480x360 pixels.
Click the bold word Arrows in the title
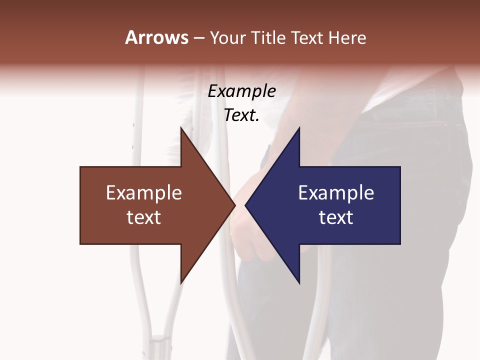(x=156, y=37)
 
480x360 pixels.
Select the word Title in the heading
(x=270, y=37)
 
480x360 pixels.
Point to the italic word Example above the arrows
(x=242, y=91)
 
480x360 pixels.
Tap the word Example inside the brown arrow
(x=144, y=193)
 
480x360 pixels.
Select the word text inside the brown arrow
(x=144, y=217)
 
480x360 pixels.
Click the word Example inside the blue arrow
(x=336, y=193)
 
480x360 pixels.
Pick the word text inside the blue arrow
(x=336, y=217)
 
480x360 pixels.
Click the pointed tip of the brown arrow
(x=234, y=205)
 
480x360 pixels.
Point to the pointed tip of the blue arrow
(x=246, y=205)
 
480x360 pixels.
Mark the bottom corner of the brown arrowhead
(x=181, y=282)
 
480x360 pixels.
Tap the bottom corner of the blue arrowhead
(x=299, y=282)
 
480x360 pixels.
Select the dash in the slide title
(x=198, y=38)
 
